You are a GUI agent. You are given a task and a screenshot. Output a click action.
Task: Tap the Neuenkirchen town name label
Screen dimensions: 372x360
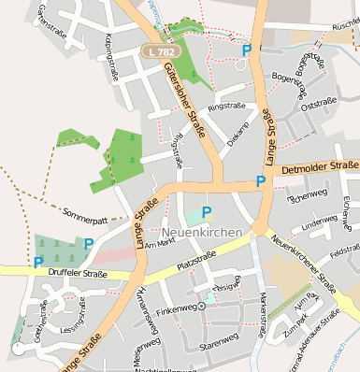(x=202, y=231)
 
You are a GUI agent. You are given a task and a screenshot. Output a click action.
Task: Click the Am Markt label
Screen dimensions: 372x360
(x=161, y=241)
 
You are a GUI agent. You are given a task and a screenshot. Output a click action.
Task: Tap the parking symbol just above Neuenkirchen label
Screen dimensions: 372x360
(x=207, y=211)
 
